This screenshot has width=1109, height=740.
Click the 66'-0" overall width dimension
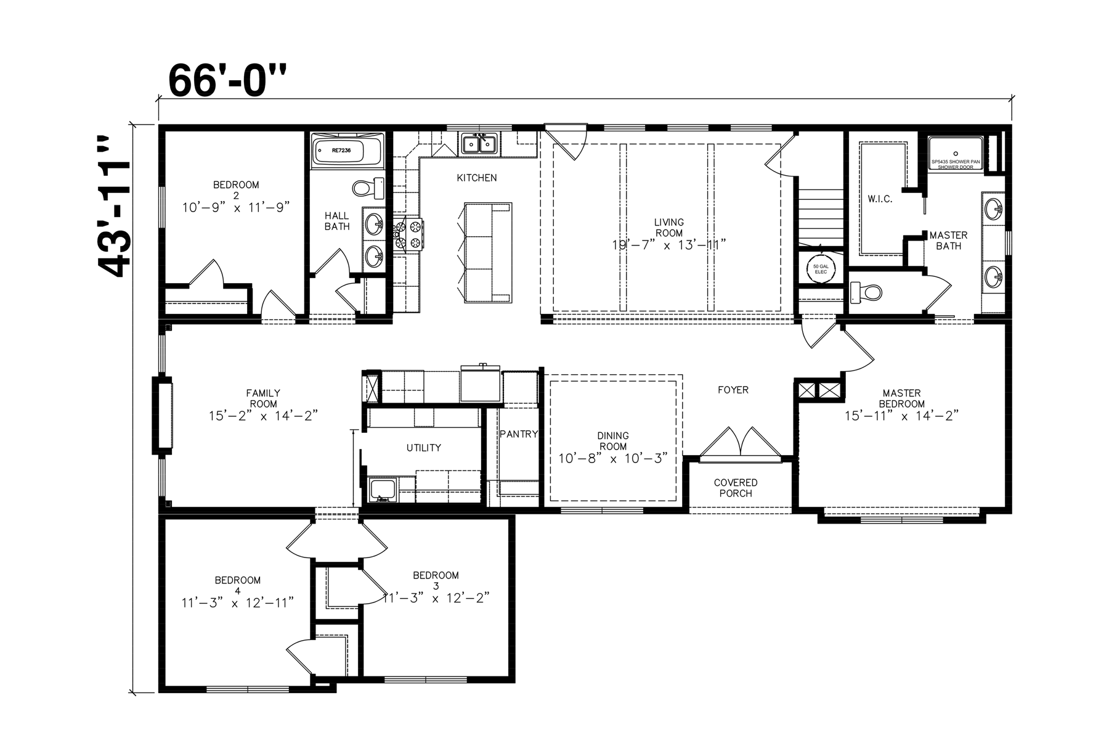[228, 80]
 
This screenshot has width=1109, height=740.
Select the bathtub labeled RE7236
[347, 150]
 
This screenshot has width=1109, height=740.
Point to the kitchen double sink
[479, 144]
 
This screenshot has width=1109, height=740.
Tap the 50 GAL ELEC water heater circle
[819, 269]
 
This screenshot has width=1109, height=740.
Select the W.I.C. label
[879, 199]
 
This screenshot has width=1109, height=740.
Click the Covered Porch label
[736, 488]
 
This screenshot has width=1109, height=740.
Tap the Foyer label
[733, 390]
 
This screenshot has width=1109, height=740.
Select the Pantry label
[518, 434]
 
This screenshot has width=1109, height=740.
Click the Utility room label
[423, 448]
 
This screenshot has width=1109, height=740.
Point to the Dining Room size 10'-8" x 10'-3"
[613, 458]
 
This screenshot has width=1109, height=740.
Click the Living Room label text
[669, 228]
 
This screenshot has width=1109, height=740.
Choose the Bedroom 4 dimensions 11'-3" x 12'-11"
[237, 602]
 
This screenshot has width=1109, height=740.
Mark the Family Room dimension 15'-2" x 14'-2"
[263, 415]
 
